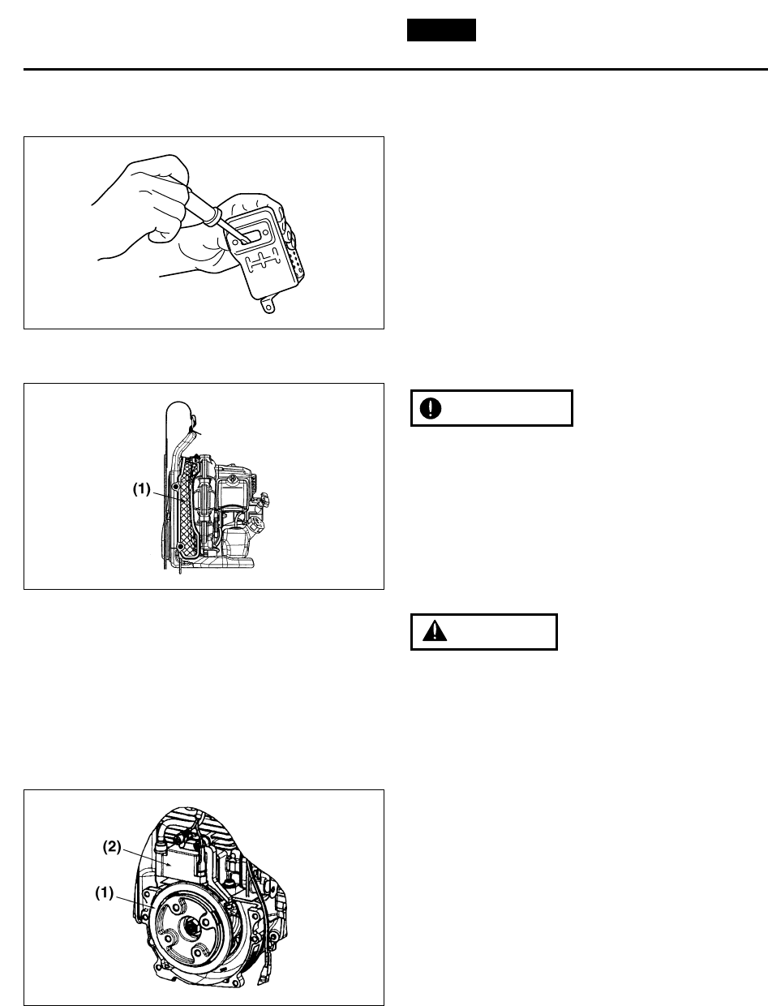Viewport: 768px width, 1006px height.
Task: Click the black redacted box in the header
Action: click(440, 31)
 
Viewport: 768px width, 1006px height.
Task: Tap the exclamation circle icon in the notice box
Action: click(430, 408)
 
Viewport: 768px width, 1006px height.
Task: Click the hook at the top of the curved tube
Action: click(194, 422)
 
